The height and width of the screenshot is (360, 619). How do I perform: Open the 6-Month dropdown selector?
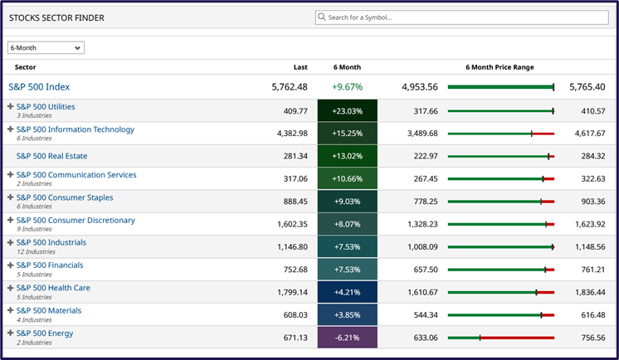(46, 48)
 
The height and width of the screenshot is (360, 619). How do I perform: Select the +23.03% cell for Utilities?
(347, 111)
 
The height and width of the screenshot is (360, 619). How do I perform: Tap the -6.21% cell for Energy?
(347, 338)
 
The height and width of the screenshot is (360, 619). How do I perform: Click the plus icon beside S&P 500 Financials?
(11, 265)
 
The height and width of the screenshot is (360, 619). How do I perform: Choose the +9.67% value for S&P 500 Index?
(347, 86)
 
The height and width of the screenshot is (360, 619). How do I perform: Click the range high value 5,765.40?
(587, 86)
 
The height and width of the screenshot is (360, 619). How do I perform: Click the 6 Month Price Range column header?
(500, 67)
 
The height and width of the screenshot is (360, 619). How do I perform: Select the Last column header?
(300, 67)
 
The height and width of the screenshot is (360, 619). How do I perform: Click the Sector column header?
(26, 67)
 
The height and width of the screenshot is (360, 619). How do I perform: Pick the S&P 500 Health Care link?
(53, 288)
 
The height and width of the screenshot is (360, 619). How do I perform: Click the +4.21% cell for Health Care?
(347, 292)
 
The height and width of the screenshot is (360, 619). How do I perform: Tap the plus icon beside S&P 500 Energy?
(11, 333)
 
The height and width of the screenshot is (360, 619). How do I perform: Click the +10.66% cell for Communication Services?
(347, 179)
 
